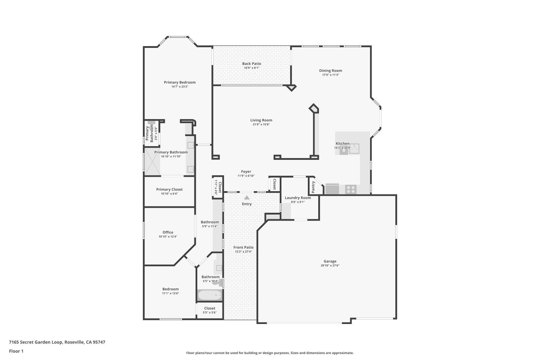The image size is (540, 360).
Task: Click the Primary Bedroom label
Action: [180, 82]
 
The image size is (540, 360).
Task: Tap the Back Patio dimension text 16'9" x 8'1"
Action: [251, 68]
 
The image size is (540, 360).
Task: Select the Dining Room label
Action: [330, 71]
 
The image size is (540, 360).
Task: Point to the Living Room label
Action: [261, 120]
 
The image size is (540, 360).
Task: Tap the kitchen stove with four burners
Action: [351, 189]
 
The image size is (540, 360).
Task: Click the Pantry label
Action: [313, 187]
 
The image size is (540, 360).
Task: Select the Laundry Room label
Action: [298, 198]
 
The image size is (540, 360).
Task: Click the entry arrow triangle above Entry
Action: [247, 197]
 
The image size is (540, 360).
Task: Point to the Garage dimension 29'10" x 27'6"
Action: [330, 266]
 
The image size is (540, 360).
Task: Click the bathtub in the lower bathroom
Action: [210, 296]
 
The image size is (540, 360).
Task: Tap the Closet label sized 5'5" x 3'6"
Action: [210, 308]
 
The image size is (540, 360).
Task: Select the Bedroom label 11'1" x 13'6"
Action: [170, 289]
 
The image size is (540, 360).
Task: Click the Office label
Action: [168, 232]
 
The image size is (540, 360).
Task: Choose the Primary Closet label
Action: [169, 189]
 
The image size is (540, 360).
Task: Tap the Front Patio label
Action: [243, 247]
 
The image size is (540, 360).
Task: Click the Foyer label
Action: [246, 172]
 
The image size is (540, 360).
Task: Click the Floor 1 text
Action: [16, 351]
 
